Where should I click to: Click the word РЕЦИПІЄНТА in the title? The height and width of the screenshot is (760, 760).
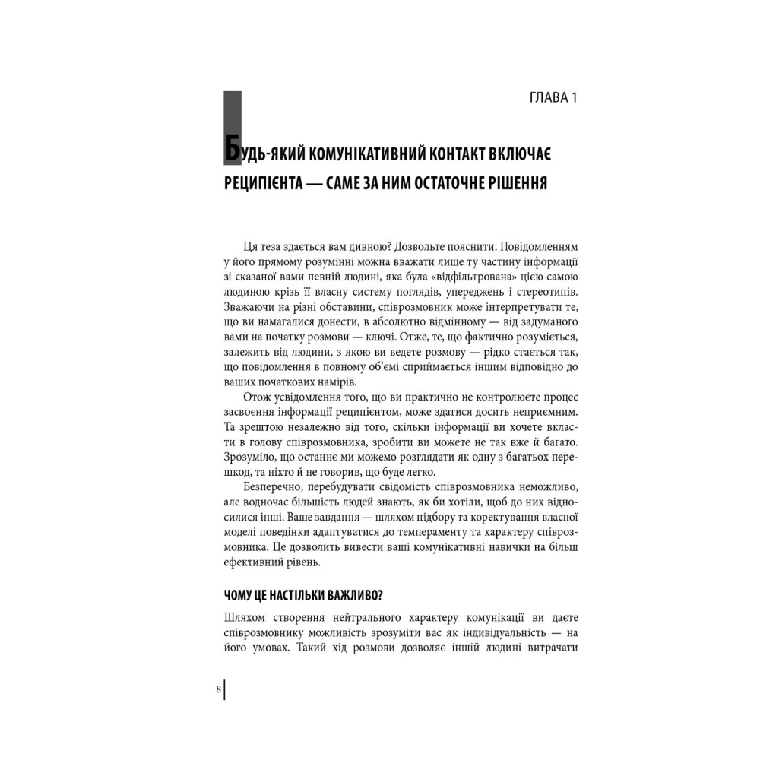coord(265,187)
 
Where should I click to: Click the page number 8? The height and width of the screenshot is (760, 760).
coord(219,690)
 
